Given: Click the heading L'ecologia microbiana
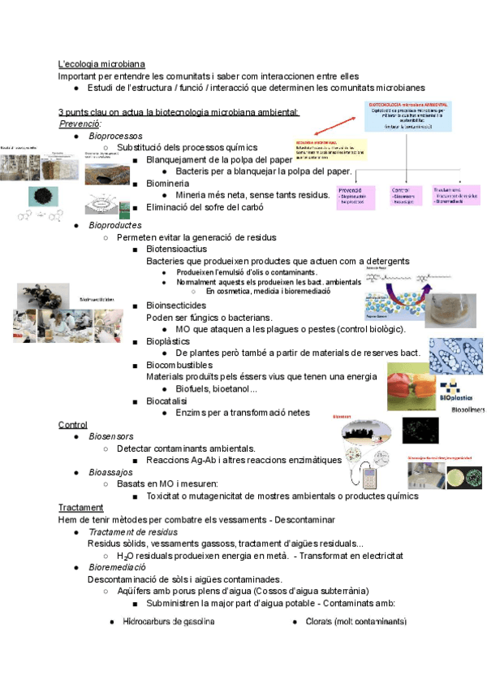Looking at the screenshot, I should point(101,64).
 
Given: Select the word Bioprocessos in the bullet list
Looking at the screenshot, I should point(115,136).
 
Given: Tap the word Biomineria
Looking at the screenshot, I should point(172,184).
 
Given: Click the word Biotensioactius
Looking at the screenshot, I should point(183,249).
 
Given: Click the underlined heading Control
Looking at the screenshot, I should point(73,425).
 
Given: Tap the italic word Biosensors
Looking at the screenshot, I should point(111,437).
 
